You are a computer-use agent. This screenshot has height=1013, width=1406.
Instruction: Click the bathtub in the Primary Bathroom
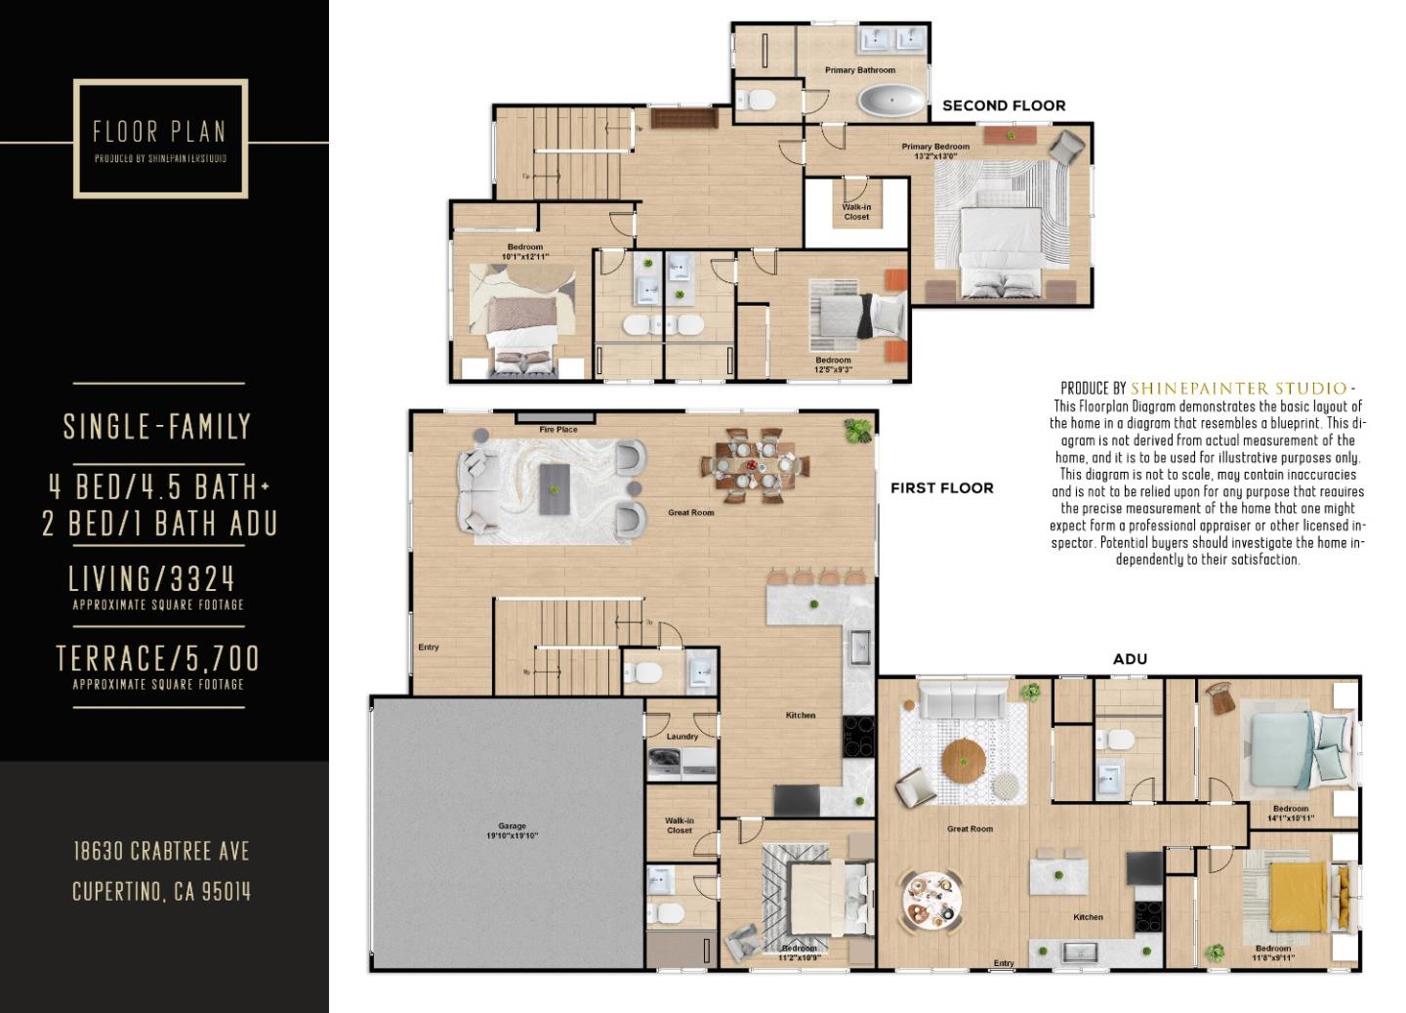point(889,101)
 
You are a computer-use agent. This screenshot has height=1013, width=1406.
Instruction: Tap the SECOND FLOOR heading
point(1003,106)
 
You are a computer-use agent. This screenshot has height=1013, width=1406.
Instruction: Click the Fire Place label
point(558,429)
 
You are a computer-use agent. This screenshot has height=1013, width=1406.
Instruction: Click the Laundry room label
point(682,737)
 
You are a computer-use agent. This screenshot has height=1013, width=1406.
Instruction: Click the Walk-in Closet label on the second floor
point(856,212)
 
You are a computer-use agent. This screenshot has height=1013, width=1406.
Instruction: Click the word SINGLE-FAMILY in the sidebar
point(157,427)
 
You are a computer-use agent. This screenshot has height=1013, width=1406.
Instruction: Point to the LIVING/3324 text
point(152,579)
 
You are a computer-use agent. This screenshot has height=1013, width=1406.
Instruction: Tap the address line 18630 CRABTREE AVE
point(161,851)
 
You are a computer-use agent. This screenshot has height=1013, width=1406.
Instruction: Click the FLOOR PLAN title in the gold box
point(159,131)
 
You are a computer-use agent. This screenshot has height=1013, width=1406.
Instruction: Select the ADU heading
point(1130,658)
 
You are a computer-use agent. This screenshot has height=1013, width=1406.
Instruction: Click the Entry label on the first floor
point(428,647)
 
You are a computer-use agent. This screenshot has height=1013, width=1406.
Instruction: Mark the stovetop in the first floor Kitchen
point(858,736)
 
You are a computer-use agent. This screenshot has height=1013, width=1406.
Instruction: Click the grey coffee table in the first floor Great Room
point(555,488)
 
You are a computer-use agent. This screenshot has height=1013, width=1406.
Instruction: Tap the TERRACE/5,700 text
point(158,659)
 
